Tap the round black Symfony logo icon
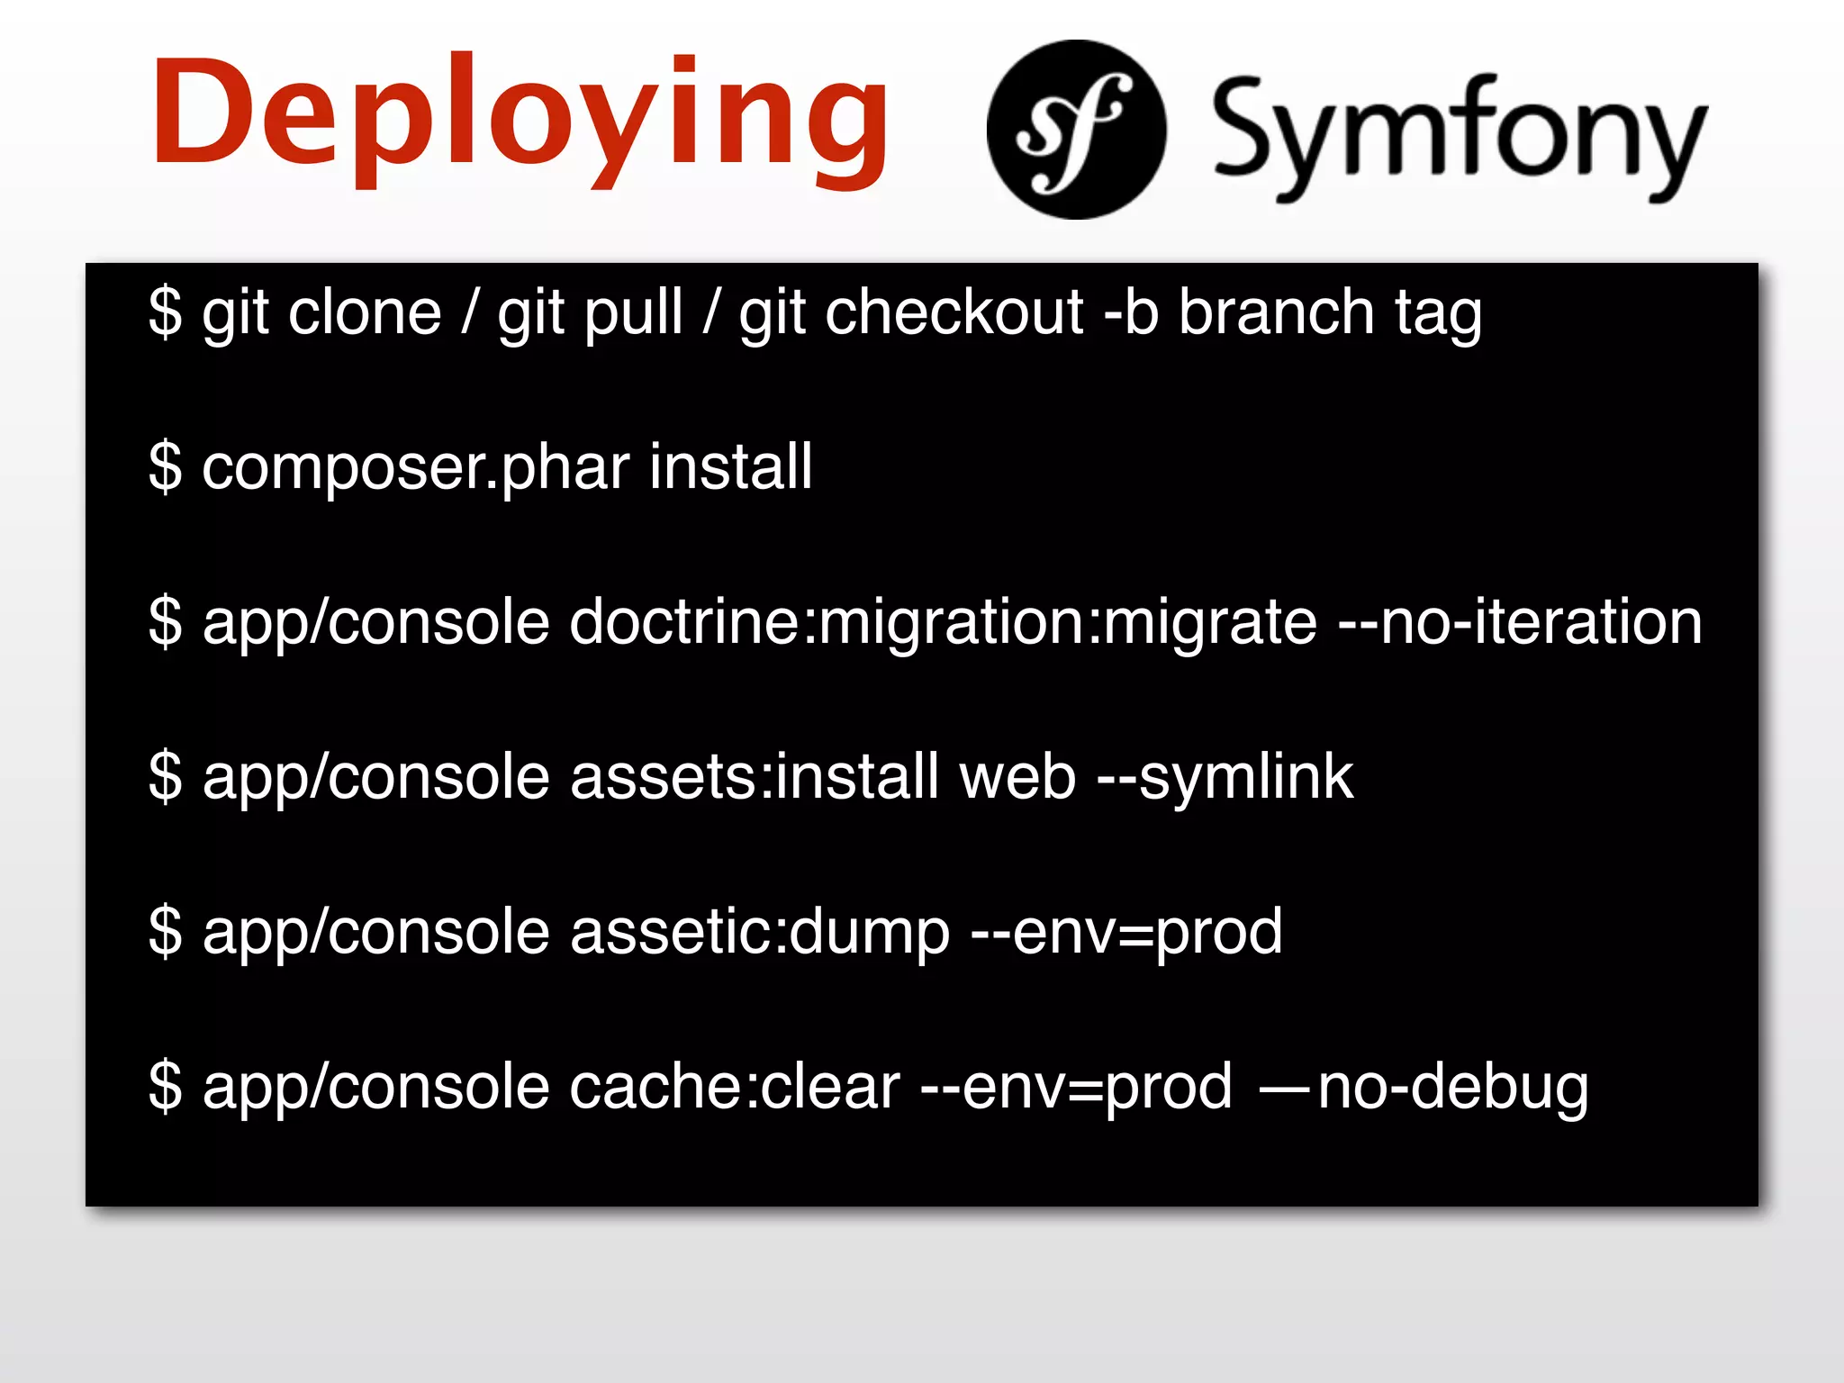[1076, 130]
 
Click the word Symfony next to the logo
[1458, 135]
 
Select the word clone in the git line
[365, 312]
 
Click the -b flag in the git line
[1131, 312]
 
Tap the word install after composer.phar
[730, 466]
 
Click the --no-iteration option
[1521, 622]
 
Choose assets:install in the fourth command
[755, 777]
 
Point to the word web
[1017, 777]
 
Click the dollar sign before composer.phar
[166, 467]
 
